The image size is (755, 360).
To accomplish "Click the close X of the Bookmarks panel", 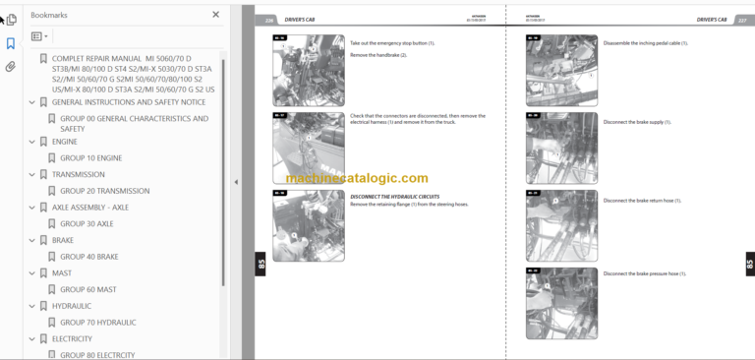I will tap(216, 15).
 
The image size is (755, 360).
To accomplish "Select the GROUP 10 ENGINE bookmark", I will tap(90, 157).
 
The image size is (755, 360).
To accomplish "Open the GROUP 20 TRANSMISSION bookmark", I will tap(104, 191).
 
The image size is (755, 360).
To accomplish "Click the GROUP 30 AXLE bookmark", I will tap(87, 223).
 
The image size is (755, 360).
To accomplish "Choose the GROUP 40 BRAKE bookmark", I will tap(89, 257).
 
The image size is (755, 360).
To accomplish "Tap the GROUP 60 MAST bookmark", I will tap(88, 289).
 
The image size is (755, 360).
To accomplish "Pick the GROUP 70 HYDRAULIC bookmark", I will tap(97, 322).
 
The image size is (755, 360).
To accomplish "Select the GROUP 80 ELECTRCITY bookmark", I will tap(97, 355).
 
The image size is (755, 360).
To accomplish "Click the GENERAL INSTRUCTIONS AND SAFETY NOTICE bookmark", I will tap(128, 102).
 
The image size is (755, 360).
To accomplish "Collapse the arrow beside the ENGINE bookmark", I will tap(31, 142).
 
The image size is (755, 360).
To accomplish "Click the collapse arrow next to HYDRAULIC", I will tap(31, 306).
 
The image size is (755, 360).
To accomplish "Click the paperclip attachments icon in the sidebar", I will tap(11, 67).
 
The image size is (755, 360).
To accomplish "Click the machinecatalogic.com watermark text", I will tap(357, 179).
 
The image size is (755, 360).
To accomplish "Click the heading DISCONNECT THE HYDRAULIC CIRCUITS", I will tap(394, 196).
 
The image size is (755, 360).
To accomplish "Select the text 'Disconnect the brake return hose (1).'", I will tap(644, 200).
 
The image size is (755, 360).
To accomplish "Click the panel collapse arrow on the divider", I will tap(236, 182).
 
